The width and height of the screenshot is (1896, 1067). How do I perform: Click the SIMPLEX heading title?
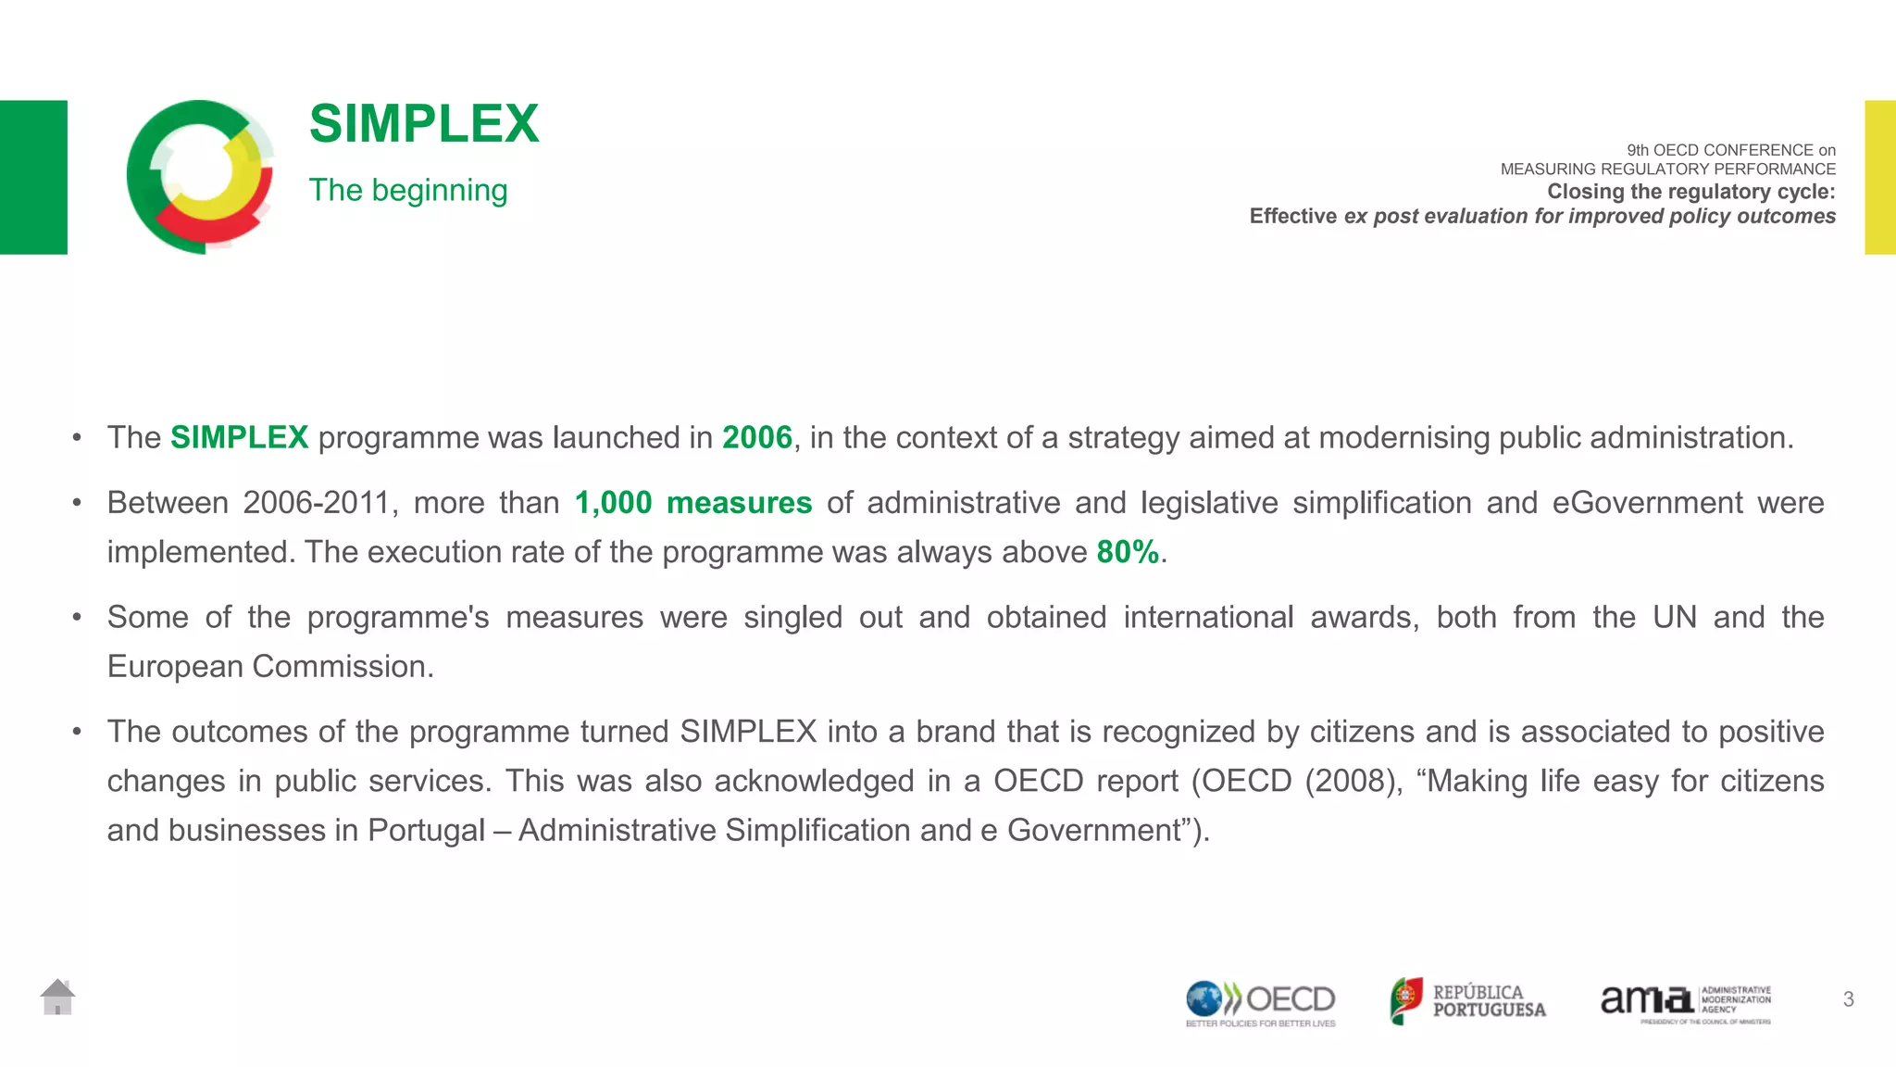(424, 124)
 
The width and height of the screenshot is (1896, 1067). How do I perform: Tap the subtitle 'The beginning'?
(408, 190)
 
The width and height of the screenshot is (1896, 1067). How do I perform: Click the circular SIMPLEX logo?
(200, 176)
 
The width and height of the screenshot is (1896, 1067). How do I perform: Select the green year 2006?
(757, 437)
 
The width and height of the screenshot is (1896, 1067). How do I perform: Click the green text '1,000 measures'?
(693, 503)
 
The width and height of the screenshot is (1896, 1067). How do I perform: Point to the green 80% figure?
(1128, 552)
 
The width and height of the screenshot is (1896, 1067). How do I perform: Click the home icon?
(57, 998)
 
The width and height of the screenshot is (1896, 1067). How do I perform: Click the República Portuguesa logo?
(1468, 1001)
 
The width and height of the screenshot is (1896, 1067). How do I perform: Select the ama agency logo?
(1686, 1003)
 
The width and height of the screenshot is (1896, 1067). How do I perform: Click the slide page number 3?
(1848, 999)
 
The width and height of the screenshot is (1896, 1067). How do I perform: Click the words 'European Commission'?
(270, 667)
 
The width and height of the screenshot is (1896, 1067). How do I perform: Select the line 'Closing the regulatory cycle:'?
(1690, 192)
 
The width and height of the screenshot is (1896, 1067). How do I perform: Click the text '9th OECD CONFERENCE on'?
(1731, 150)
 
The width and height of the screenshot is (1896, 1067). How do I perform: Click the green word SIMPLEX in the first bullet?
(239, 437)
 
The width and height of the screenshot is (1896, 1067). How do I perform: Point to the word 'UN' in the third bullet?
(1675, 617)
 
